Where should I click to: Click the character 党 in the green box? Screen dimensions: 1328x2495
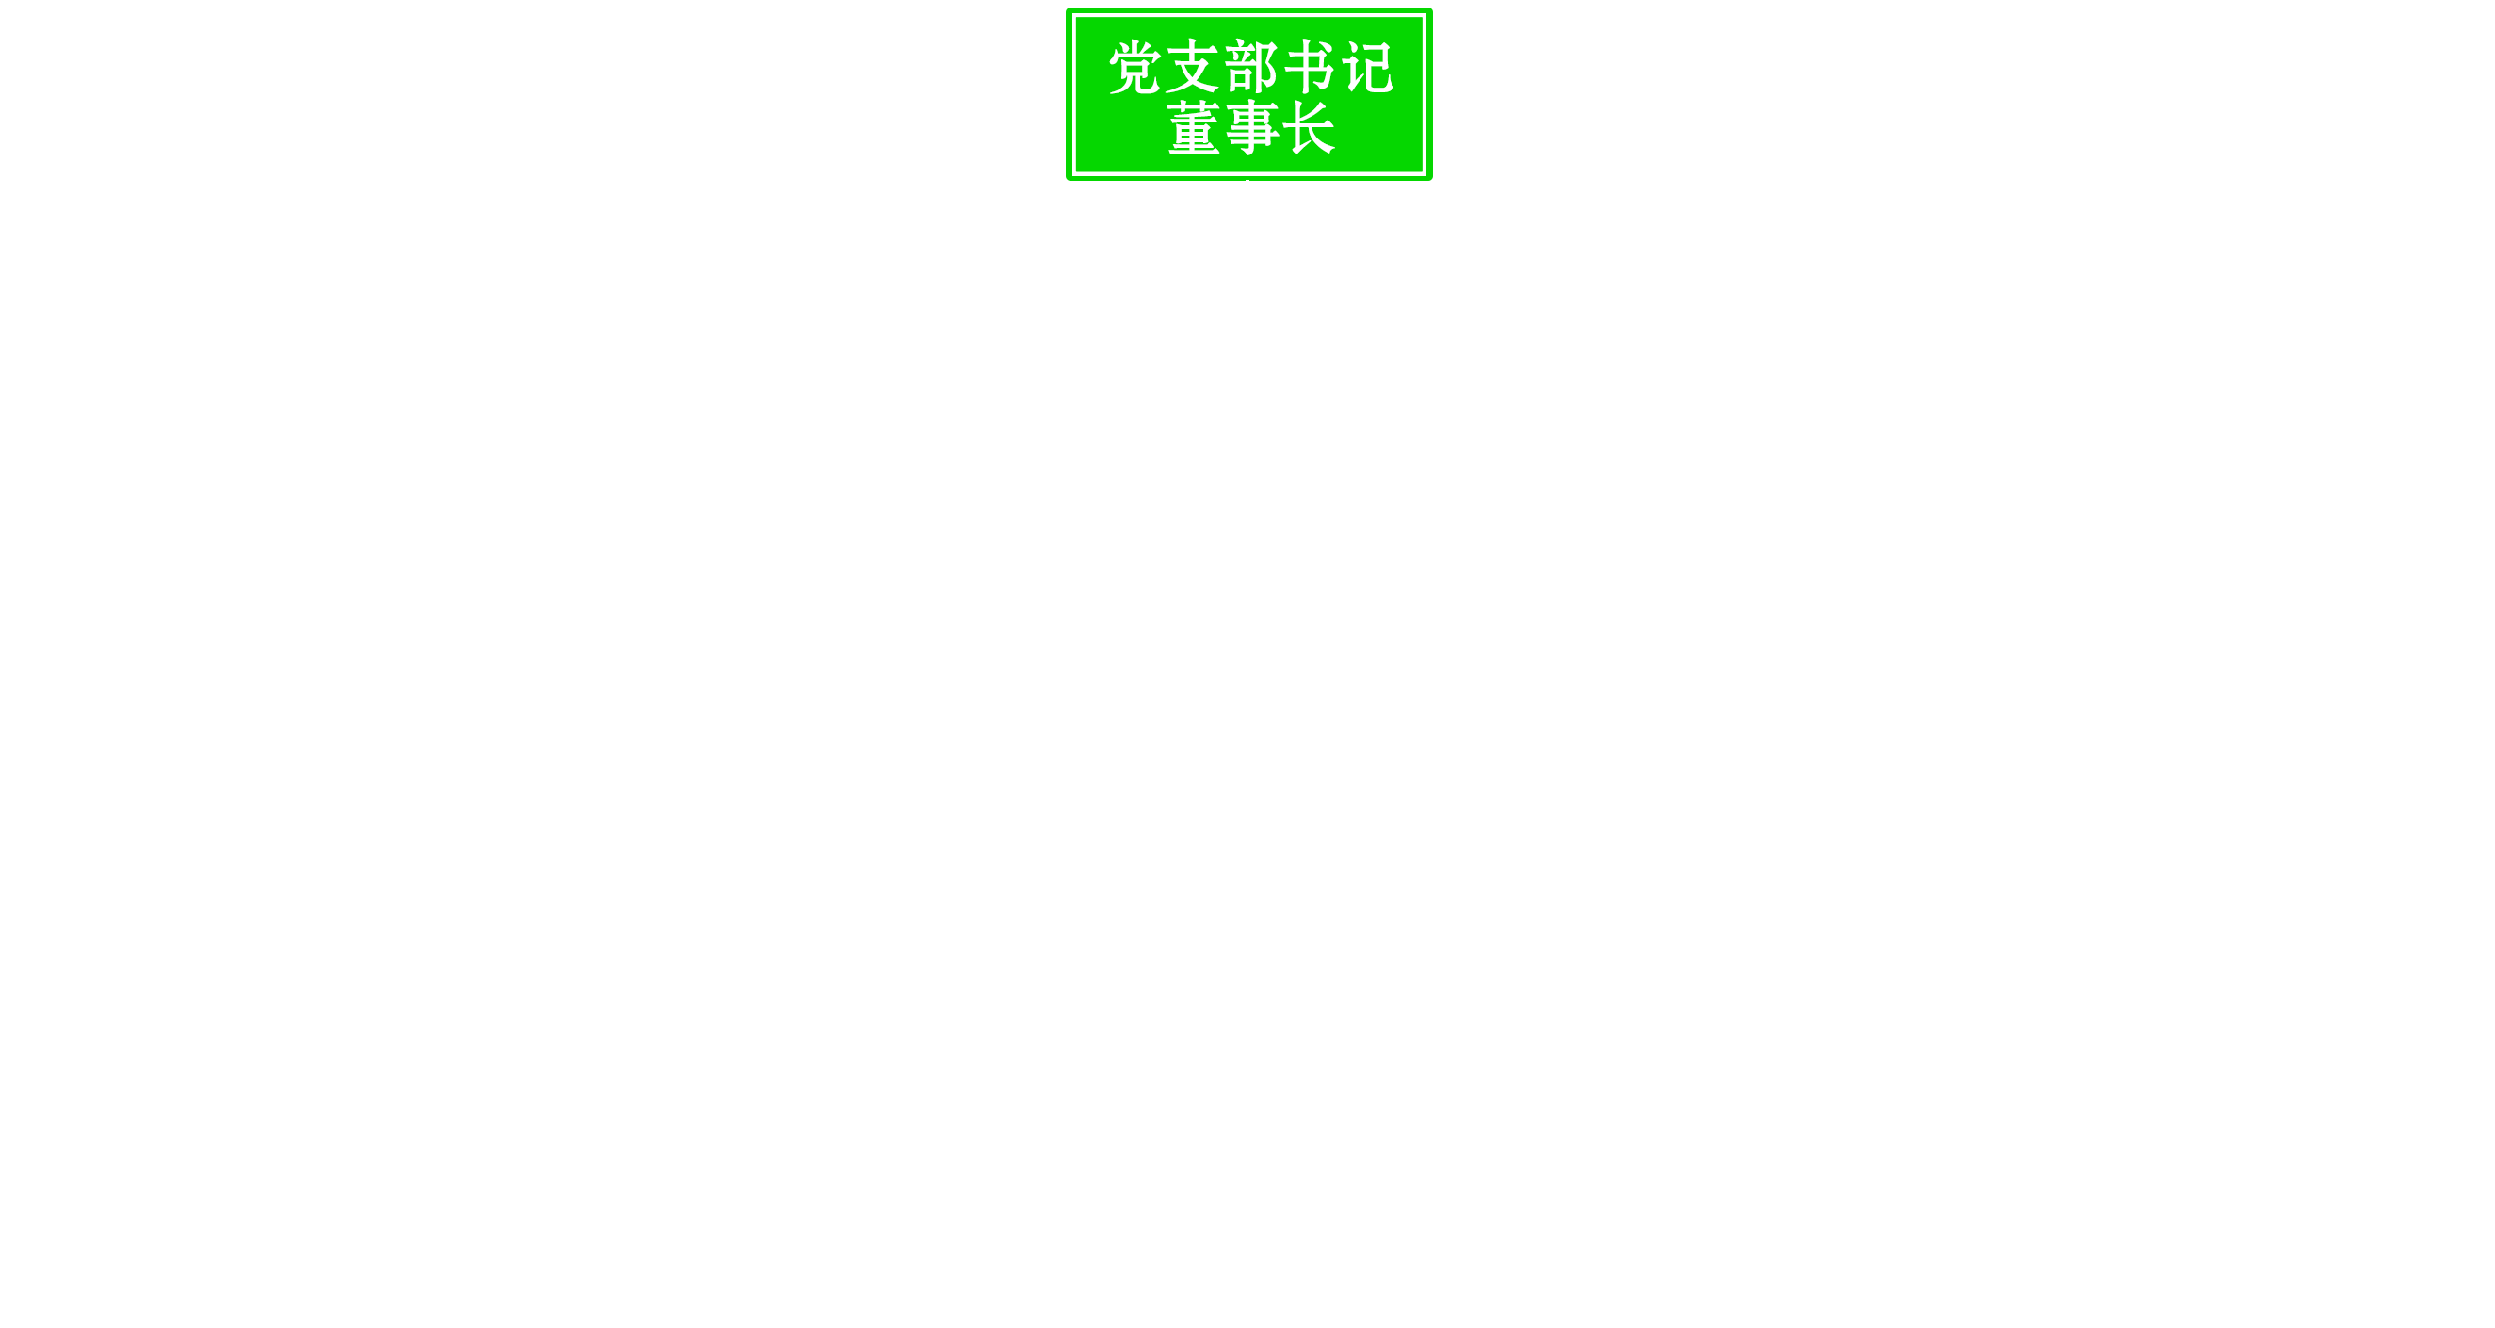pyautogui.click(x=1135, y=68)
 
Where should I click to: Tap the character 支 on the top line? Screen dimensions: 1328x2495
pyautogui.click(x=1192, y=68)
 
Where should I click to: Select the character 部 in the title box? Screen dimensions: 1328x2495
pyautogui.click(x=1251, y=68)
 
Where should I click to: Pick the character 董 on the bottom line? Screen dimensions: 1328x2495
pyautogui.click(x=1193, y=128)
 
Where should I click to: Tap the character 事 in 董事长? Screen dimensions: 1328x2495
pyautogui.click(x=1251, y=128)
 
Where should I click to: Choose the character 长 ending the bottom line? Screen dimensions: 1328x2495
pyautogui.click(x=1310, y=128)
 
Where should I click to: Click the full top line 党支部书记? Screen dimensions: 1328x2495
pyautogui.click(x=1251, y=68)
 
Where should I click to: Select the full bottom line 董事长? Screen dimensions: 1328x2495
pyautogui.click(x=1251, y=128)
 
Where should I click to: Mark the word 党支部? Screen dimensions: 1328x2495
pyautogui.click(x=1192, y=68)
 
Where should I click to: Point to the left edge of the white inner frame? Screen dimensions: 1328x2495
pyautogui.click(x=1075, y=95)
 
